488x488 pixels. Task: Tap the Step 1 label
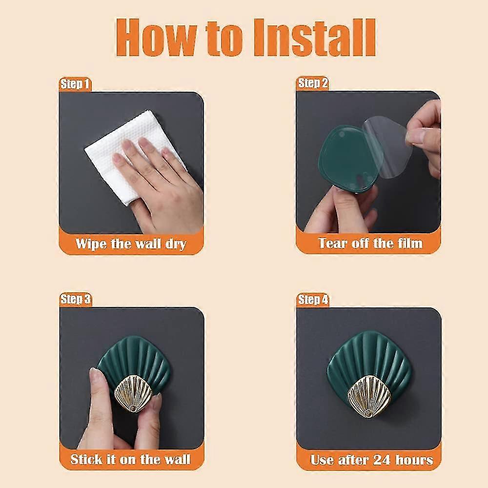click(75, 84)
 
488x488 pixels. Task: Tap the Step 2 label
click(313, 83)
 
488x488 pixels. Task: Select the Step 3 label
click(75, 299)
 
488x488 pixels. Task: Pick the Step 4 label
click(313, 300)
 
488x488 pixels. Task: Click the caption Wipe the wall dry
click(131, 244)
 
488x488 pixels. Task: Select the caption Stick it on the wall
click(131, 459)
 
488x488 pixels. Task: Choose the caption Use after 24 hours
click(371, 460)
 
